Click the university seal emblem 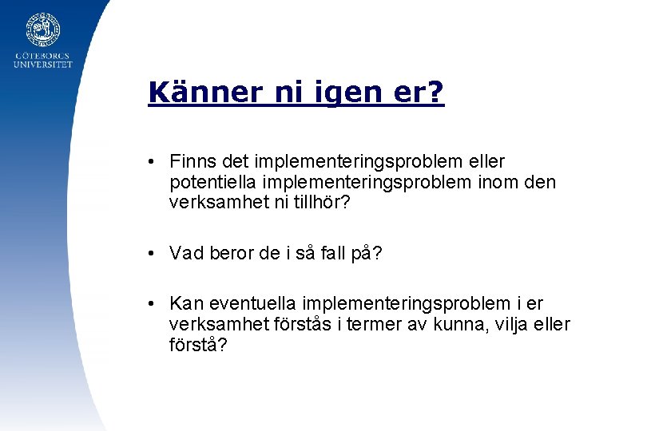pos(42,30)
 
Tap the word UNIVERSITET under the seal pos(42,65)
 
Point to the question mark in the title pos(436,93)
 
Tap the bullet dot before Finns pos(151,163)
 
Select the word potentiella pos(209,183)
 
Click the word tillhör pos(319,203)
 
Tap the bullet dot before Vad pos(151,254)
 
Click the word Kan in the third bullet pos(185,304)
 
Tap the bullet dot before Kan pos(151,304)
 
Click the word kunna pos(463,325)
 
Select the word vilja pos(513,325)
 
